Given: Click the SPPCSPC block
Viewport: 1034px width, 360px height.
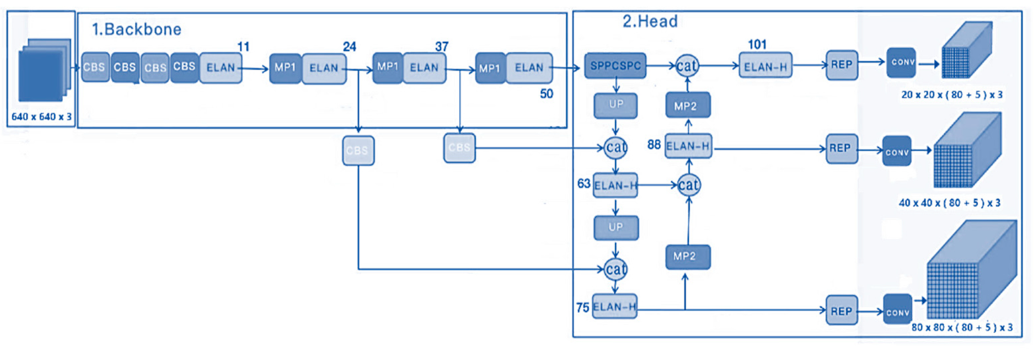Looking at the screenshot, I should [615, 65].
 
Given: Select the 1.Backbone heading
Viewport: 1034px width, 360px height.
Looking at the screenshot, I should [137, 29].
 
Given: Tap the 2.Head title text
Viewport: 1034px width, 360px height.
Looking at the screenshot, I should [650, 21].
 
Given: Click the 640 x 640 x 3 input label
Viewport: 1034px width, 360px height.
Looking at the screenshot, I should [41, 117].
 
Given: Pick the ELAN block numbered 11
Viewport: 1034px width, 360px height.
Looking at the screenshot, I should [220, 67].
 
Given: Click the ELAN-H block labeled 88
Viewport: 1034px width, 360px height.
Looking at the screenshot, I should [688, 146].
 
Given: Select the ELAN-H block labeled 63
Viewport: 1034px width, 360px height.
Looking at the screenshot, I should [615, 185].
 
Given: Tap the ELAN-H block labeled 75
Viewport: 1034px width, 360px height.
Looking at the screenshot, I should [614, 307].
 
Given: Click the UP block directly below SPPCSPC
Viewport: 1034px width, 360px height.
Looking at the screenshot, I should [616, 105].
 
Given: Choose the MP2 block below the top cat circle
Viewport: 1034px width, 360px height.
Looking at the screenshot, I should [688, 106].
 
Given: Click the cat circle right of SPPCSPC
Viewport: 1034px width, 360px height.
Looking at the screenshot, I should [687, 65].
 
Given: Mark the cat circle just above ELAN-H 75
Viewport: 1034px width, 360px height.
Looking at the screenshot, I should [615, 269].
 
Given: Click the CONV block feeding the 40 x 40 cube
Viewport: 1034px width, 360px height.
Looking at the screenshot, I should [897, 152].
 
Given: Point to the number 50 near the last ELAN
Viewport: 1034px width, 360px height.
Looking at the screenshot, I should [546, 94].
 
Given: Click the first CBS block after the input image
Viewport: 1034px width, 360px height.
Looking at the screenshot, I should [95, 67].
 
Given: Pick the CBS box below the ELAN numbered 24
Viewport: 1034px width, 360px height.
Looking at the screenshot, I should [358, 151].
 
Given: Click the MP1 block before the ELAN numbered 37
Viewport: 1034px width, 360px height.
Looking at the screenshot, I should [387, 67].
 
